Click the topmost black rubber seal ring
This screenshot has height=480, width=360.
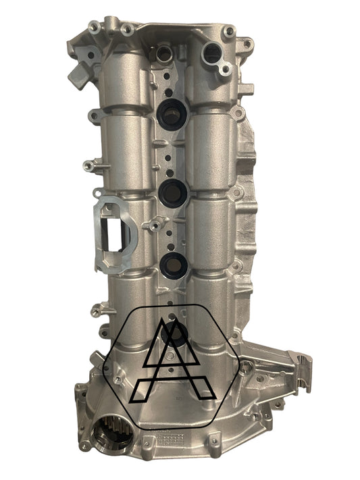coord(172,113)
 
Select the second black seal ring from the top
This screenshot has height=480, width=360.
coord(173,193)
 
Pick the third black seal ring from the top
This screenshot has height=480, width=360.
coord(174,265)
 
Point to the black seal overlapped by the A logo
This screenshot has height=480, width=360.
coord(176,333)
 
